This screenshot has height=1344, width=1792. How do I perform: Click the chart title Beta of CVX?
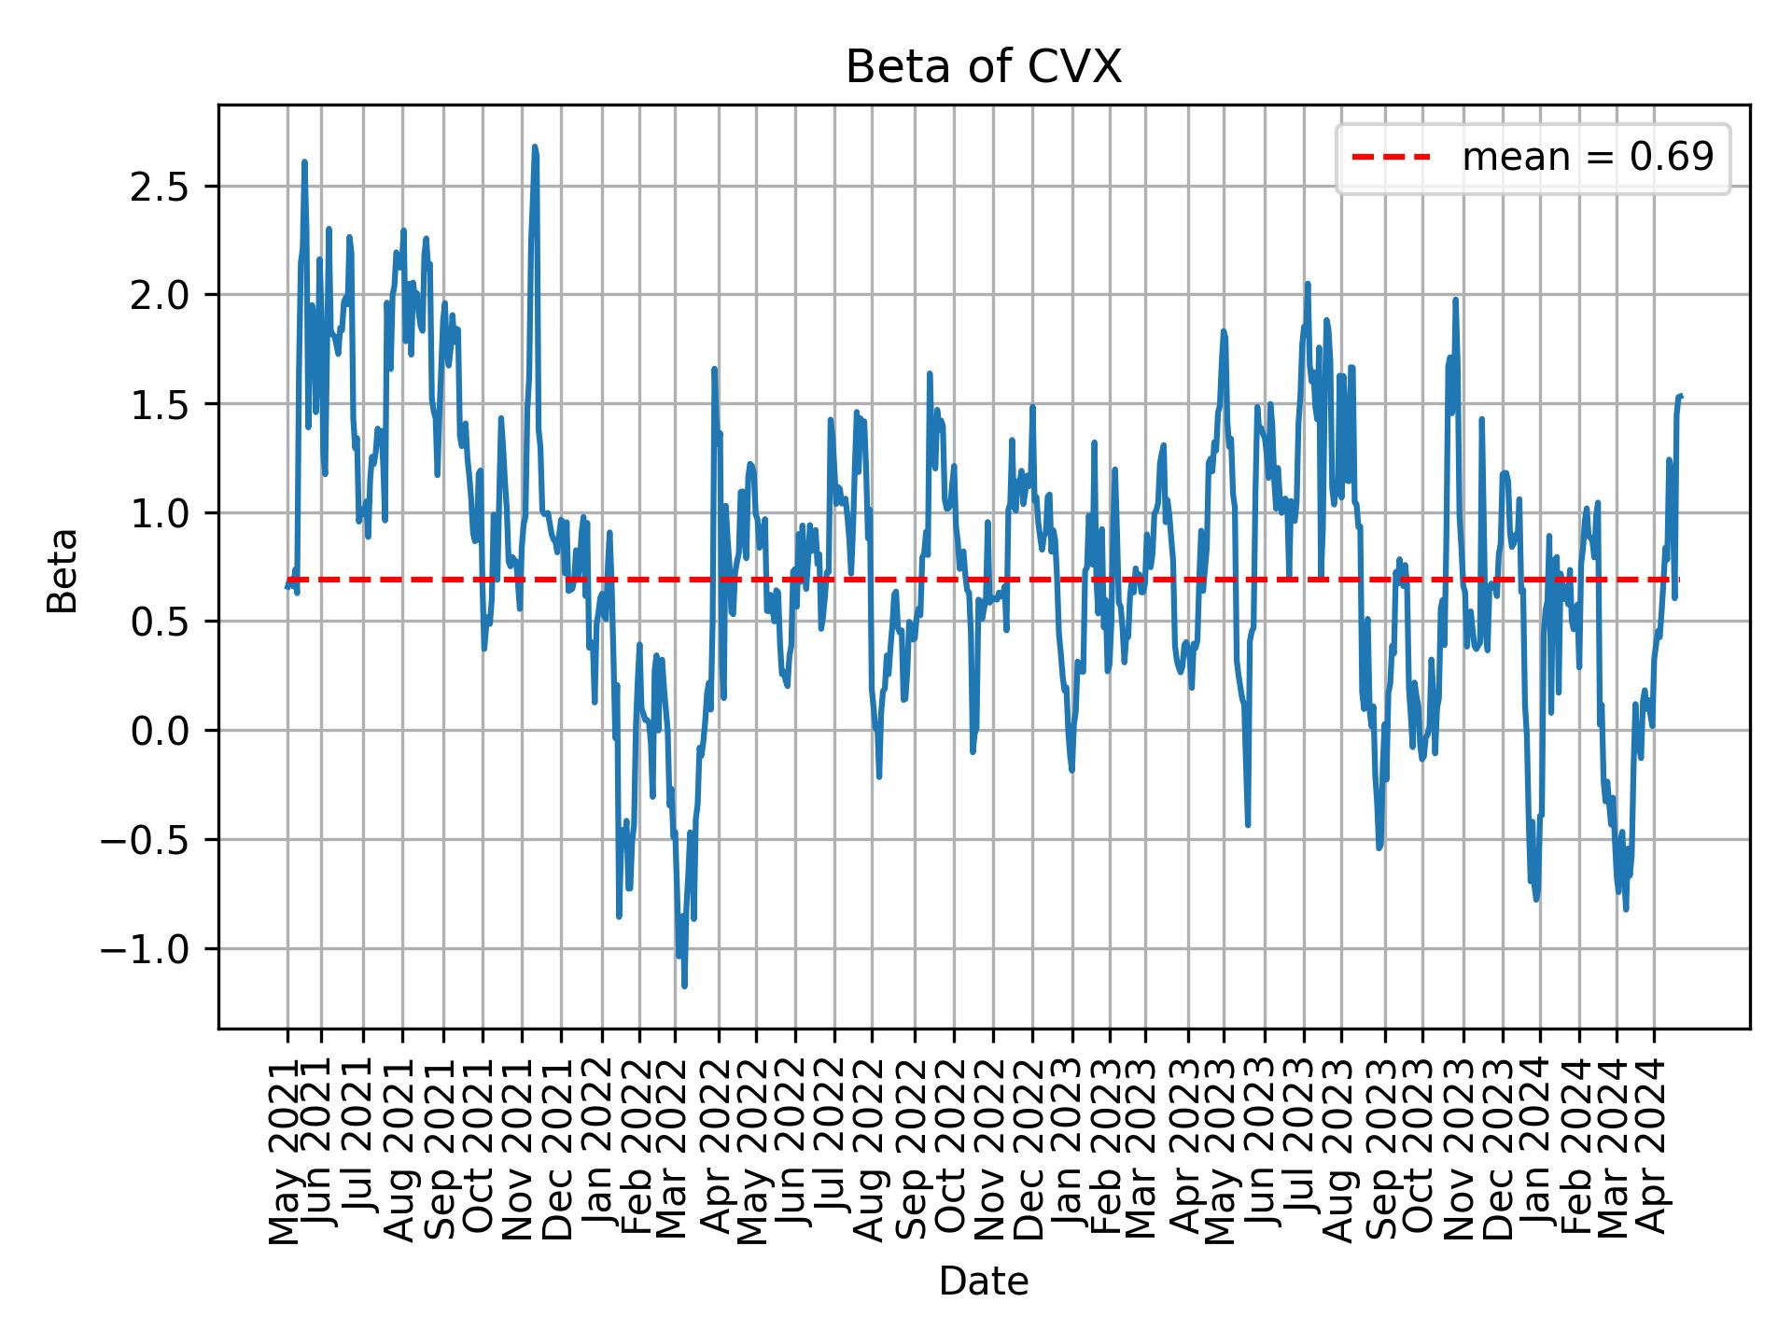coord(983,67)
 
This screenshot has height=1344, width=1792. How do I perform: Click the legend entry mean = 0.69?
coord(1587,158)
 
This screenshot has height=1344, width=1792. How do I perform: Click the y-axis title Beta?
coord(63,570)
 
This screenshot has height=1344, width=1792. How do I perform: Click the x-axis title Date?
coord(983,1282)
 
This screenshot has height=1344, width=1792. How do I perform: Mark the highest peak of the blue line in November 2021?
coord(535,147)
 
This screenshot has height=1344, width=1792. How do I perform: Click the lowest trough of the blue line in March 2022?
coord(684,986)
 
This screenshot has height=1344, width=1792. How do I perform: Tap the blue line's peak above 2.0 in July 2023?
coord(1308,284)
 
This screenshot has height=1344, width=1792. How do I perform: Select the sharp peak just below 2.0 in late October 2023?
coord(1455,300)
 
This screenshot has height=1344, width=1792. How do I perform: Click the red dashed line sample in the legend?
coord(1391,158)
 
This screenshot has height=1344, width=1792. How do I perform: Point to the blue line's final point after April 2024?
coord(1680,396)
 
